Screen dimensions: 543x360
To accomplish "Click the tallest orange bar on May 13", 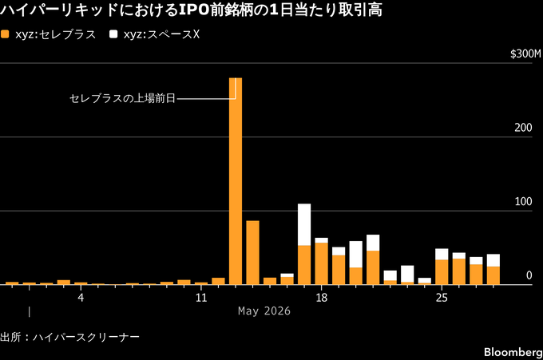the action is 236,181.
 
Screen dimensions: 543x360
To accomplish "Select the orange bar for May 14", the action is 253,253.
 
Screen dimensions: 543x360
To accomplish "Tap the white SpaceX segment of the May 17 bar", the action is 304,224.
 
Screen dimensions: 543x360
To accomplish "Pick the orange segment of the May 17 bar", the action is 304,265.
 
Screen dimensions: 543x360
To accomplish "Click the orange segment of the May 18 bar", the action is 321,263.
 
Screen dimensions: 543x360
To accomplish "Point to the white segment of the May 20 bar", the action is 355,255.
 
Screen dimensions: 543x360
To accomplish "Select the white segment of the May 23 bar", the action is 407,274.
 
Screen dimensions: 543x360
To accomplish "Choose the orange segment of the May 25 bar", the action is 442,272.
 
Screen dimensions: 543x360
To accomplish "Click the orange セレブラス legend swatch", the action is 5,34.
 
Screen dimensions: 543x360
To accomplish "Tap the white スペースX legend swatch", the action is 113,34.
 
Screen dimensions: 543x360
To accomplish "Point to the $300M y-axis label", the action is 525,54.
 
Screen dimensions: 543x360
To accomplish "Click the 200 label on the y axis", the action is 523,128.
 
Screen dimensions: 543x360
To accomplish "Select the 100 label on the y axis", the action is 523,201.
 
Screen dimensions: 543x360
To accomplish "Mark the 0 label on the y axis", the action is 529,275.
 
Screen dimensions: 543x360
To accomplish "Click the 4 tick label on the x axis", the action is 81,298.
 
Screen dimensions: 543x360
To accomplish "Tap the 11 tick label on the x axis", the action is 201,298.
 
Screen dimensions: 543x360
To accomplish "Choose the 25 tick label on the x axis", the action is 442,298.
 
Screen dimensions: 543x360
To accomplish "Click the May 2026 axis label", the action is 264,311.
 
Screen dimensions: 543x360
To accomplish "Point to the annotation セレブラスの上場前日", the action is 123,99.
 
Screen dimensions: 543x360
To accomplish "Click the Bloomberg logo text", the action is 513,352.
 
